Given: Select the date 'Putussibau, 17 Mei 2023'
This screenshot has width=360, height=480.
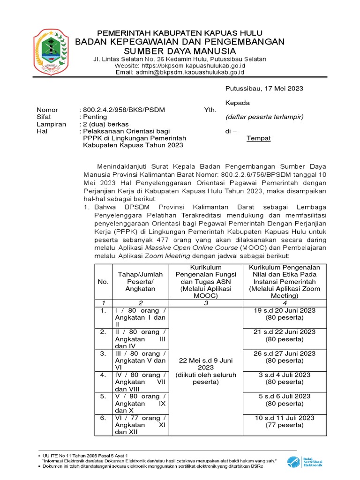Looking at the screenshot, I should click(264, 88).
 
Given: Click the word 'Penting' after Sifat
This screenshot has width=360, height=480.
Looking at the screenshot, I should click(95, 117).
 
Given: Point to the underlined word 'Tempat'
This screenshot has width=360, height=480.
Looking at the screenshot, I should click(259, 138).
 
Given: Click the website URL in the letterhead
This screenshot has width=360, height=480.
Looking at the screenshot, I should click(180, 66).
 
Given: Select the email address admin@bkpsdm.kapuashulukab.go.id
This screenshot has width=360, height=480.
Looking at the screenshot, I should click(180, 72).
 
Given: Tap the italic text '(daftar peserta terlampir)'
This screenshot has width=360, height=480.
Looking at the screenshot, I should click(264, 117).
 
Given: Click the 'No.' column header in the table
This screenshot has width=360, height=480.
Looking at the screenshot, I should click(103, 281).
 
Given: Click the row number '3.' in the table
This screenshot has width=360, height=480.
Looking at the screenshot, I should click(103, 353).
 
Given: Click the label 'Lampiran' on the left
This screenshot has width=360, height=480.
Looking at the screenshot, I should click(50, 124).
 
